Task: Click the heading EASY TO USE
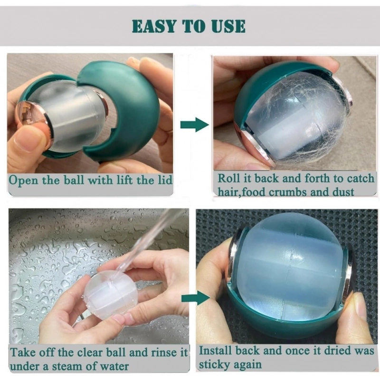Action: (189, 26)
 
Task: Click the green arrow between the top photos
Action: (194, 125)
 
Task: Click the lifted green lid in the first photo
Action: (128, 104)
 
